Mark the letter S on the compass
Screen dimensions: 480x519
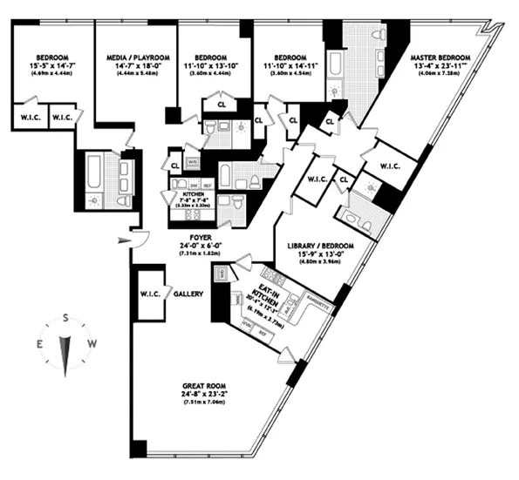(65, 320)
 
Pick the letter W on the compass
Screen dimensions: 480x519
(93, 344)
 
